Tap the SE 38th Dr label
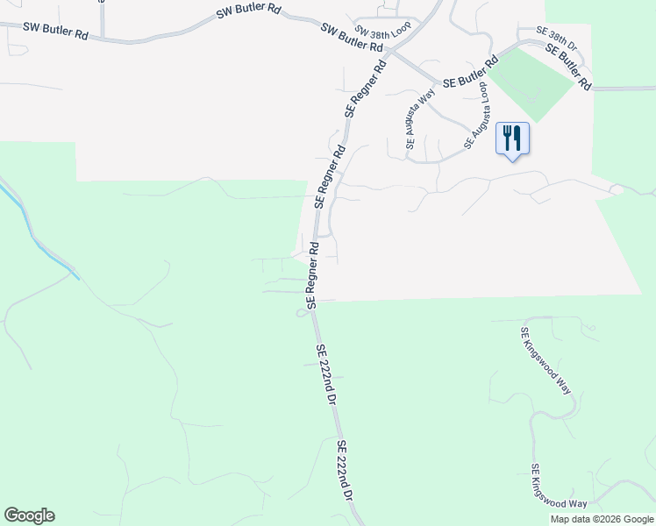coord(556,38)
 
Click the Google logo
coord(29,515)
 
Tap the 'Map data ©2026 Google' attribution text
coord(602,519)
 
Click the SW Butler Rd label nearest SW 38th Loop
coord(353,38)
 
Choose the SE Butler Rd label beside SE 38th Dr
coord(568,67)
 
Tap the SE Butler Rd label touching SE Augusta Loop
coord(471,72)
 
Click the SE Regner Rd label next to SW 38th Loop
coord(367,89)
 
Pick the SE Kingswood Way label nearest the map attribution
coord(559,487)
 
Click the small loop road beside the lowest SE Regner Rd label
coord(301,313)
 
